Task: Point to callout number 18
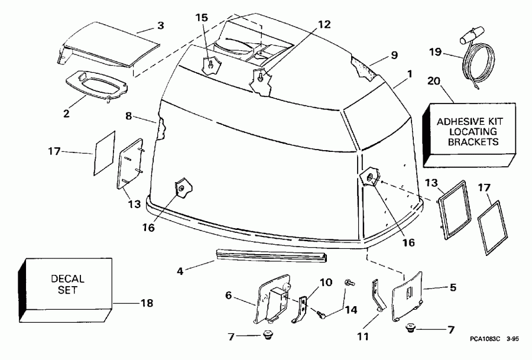146,303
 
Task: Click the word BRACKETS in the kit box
472,142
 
